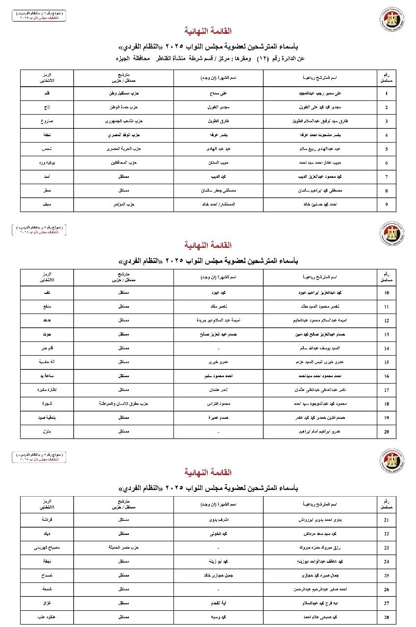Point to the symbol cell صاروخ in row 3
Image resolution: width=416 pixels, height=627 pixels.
click(x=47, y=121)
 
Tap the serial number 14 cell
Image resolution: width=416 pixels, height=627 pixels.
click(x=386, y=348)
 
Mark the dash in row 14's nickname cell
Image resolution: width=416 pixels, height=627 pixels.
click(x=218, y=348)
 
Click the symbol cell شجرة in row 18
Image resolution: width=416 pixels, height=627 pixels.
click(x=47, y=404)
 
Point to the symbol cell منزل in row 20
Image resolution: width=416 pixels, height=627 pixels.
click(x=47, y=432)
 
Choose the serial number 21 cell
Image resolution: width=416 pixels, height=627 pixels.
click(x=386, y=520)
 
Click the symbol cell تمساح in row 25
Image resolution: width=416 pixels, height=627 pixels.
click(x=47, y=576)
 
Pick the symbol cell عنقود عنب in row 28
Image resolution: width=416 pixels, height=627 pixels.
click(x=47, y=617)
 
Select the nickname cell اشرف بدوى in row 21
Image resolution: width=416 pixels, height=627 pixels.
click(x=218, y=520)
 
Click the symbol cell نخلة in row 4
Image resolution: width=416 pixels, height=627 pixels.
click(x=47, y=135)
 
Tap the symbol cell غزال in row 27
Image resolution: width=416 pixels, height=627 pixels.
click(x=47, y=603)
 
